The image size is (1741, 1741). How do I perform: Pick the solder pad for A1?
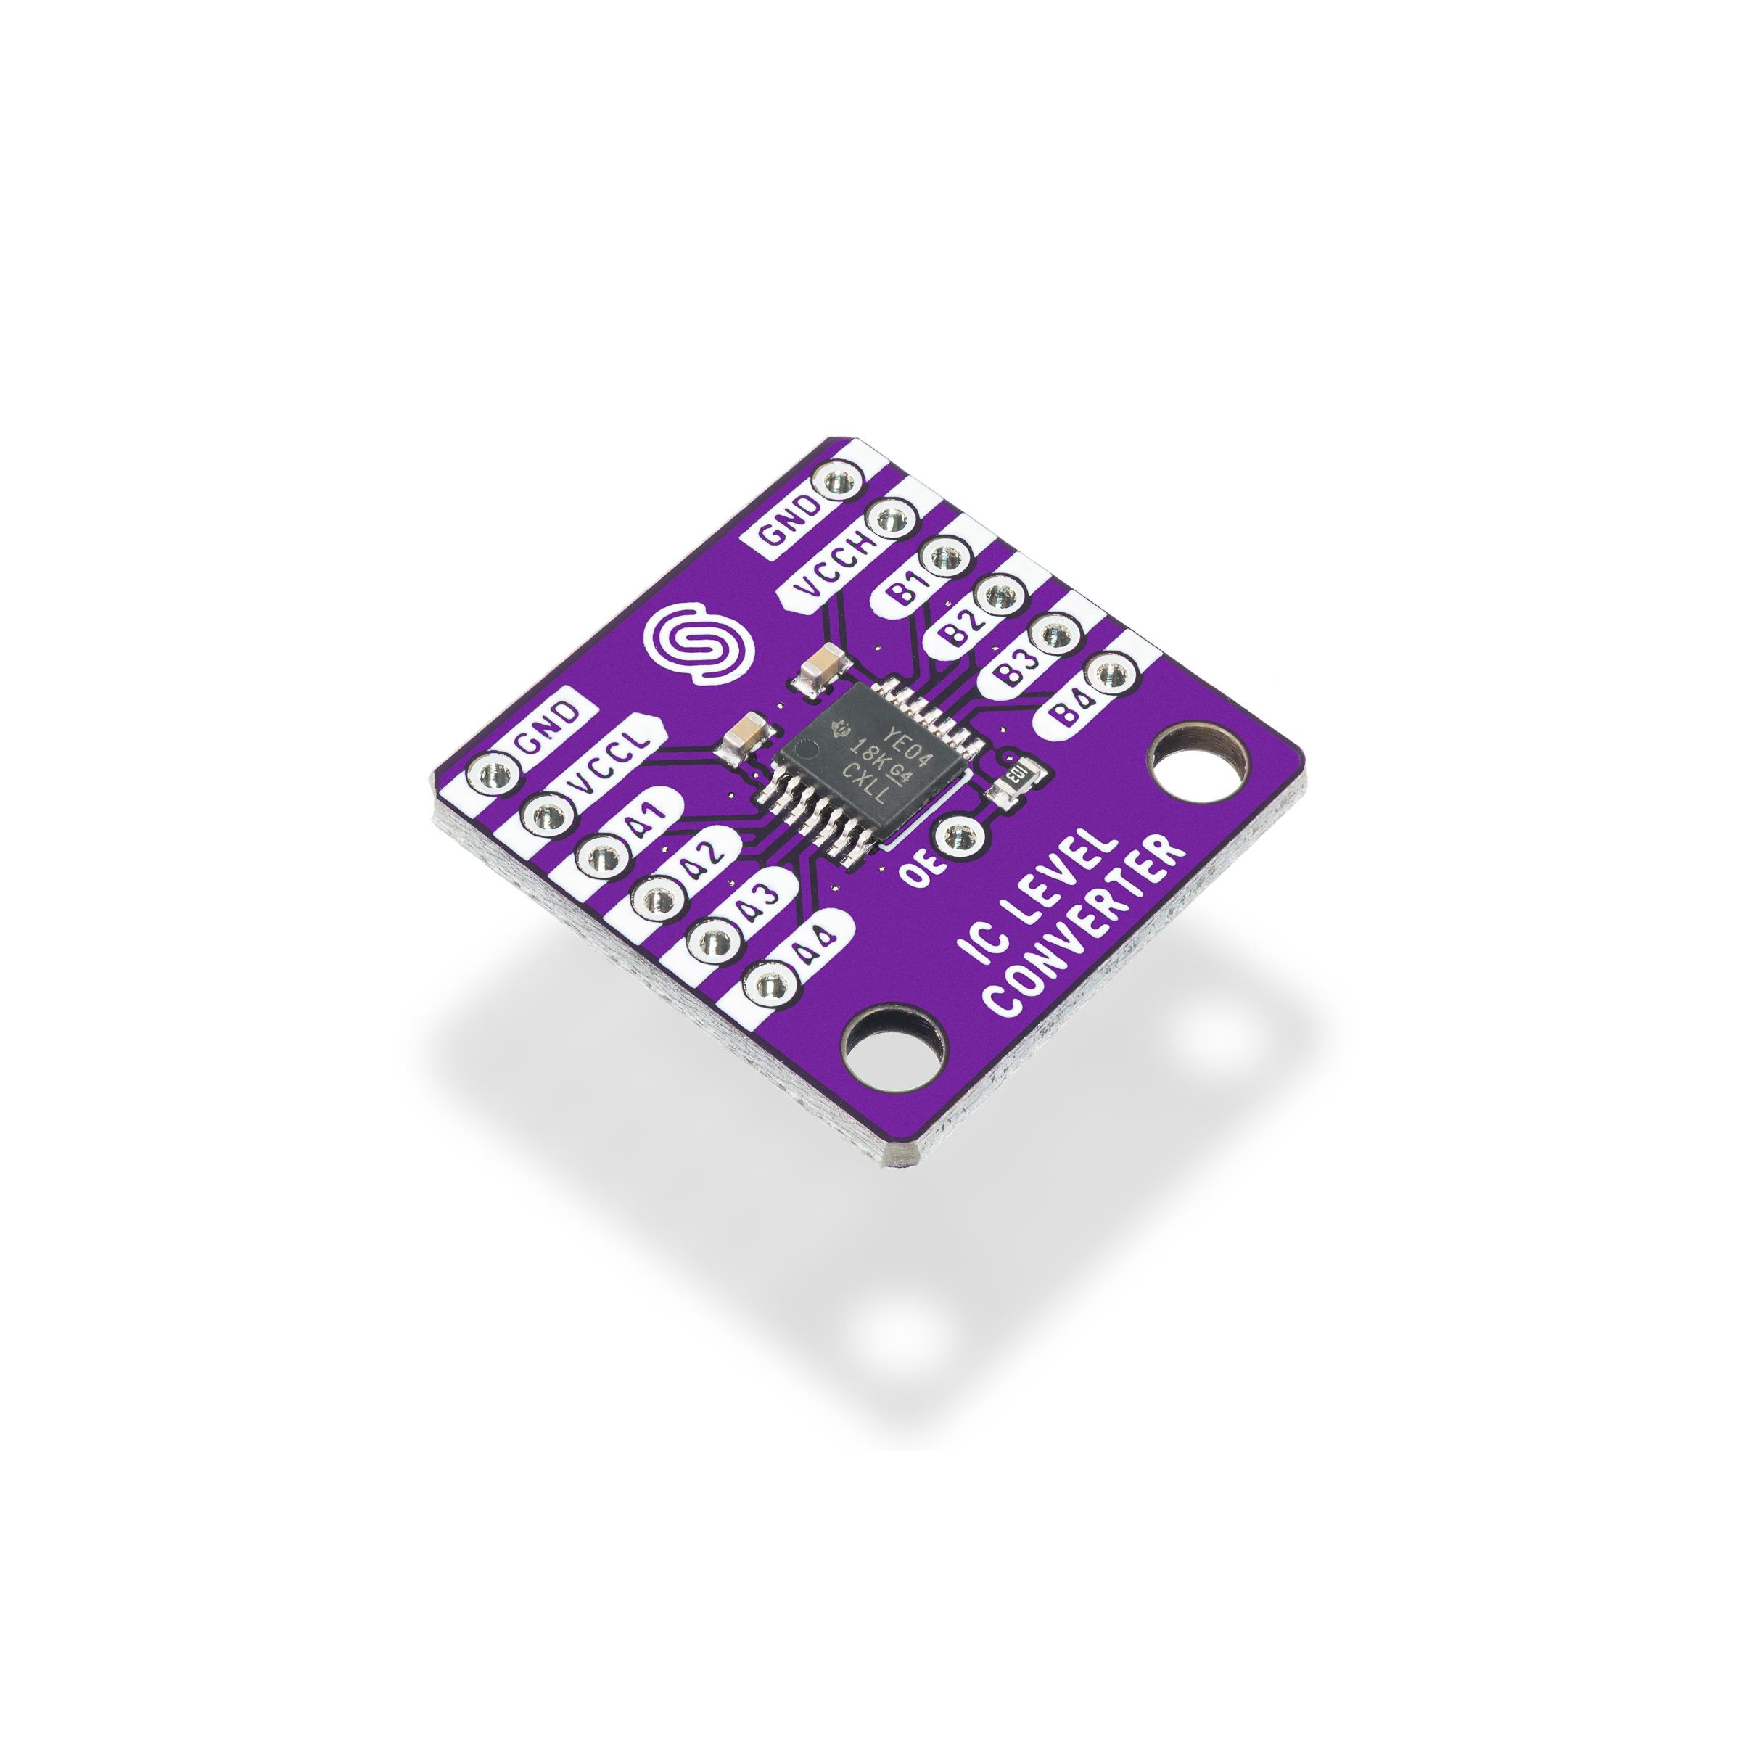click(x=598, y=852)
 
